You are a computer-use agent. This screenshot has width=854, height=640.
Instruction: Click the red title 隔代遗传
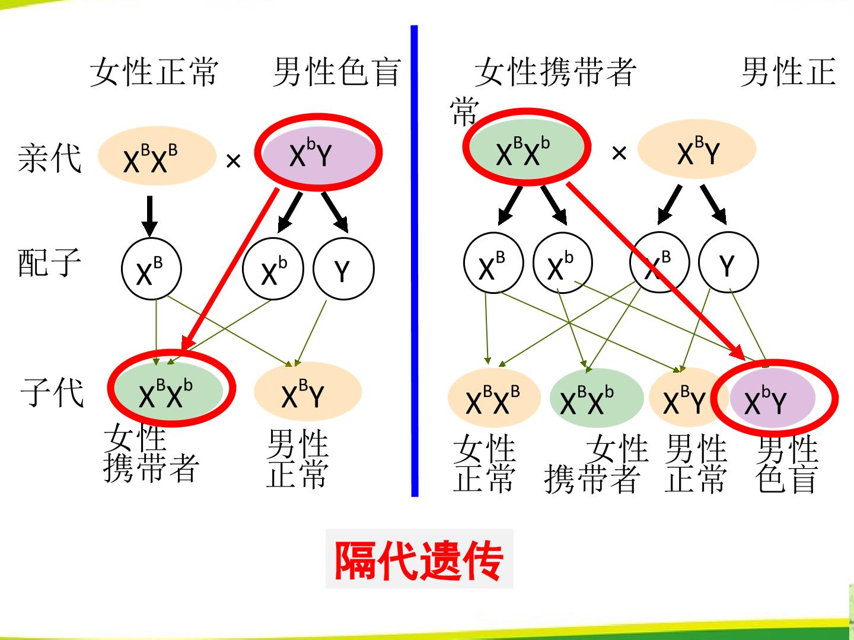[419, 561]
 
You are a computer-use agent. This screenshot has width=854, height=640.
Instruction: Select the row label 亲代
[50, 158]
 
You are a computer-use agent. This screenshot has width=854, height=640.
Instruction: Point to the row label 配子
[50, 263]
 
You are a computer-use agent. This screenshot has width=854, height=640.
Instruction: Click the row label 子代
[52, 392]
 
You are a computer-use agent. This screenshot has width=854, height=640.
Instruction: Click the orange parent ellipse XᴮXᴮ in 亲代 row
[157, 155]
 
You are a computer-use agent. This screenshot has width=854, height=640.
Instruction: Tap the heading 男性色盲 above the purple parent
[337, 72]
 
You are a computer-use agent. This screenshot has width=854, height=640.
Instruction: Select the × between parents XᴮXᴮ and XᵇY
[234, 161]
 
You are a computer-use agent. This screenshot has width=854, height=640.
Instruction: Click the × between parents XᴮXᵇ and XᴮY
[619, 153]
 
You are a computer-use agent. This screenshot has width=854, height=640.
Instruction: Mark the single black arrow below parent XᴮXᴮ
[150, 216]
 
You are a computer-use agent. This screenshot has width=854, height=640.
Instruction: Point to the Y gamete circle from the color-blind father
[343, 268]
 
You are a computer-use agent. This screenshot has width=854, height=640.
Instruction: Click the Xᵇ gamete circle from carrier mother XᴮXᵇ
[563, 263]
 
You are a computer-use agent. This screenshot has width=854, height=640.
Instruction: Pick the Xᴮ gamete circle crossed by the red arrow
[659, 262]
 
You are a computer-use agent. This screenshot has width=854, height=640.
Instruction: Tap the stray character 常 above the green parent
[464, 111]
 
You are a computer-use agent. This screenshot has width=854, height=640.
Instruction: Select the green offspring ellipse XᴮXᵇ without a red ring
[597, 398]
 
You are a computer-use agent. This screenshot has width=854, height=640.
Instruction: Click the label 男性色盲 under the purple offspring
[787, 465]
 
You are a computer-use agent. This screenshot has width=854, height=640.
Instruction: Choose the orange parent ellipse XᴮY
[696, 149]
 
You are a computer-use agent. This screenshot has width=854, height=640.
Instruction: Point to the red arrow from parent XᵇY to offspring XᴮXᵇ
[230, 268]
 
